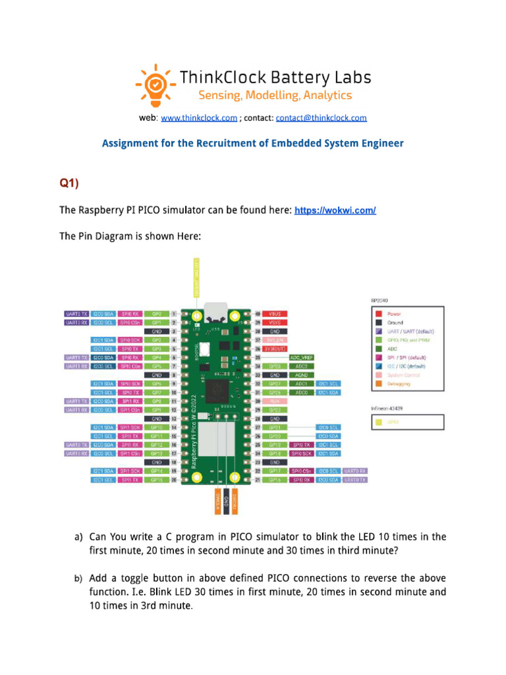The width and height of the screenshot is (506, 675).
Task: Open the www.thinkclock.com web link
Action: coord(199,118)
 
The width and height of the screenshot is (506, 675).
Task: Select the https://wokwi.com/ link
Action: coord(335,210)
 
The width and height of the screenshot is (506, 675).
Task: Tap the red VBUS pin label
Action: coord(275,314)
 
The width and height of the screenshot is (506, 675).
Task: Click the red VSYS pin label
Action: coord(275,323)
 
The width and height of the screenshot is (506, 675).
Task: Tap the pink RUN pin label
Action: coord(275,400)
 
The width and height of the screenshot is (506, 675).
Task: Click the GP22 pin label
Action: coord(275,409)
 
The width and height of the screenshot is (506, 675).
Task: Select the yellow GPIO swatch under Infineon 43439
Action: coord(378,420)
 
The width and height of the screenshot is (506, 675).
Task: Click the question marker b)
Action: coord(78,578)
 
